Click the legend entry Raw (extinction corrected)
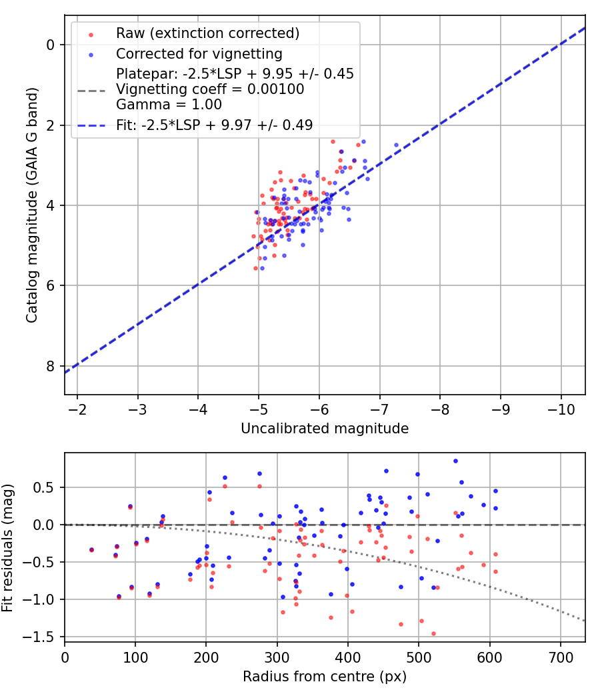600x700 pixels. pyautogui.click(x=207, y=33)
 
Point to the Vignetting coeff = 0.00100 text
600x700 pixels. pyautogui.click(x=210, y=89)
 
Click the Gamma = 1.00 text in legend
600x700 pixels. pyautogui.click(x=169, y=105)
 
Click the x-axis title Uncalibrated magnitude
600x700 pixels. pyautogui.click(x=325, y=429)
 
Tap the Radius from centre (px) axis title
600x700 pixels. pyautogui.click(x=325, y=677)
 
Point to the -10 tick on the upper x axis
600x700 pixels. pyautogui.click(x=560, y=407)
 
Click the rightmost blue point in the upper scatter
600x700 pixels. pyautogui.click(x=396, y=145)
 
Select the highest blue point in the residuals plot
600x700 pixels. pyautogui.click(x=455, y=461)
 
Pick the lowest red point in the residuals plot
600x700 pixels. pyautogui.click(x=433, y=633)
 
